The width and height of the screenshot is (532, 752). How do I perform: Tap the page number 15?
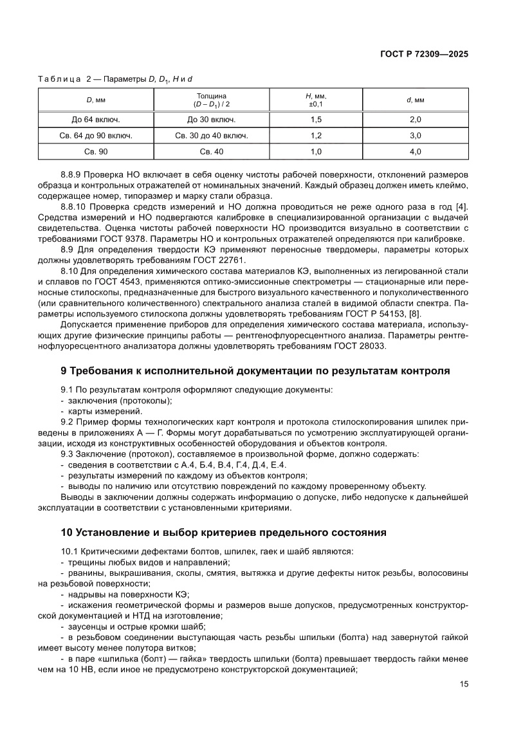[x=463, y=684]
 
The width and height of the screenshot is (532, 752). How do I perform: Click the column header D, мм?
[x=96, y=100]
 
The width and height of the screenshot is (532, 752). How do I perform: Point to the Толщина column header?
[x=211, y=100]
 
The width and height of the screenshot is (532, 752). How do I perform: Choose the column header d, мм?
[x=415, y=100]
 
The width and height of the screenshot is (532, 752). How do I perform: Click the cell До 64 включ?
[x=96, y=120]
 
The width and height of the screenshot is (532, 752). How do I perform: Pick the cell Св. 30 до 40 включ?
[x=211, y=136]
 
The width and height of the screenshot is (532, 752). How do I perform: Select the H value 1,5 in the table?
[x=316, y=120]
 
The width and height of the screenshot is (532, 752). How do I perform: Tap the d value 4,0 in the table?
[x=415, y=152]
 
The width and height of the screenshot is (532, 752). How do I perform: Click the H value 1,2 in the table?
[x=316, y=136]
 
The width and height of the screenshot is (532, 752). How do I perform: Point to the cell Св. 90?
[x=96, y=152]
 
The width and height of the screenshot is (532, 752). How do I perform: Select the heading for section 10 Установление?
[x=223, y=533]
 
